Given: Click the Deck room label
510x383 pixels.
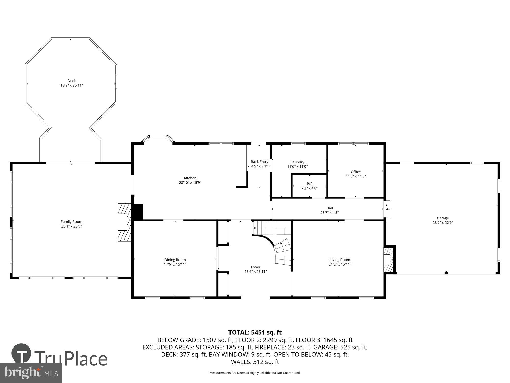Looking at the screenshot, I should coord(72,81).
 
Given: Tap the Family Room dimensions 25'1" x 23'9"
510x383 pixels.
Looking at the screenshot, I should coord(71,226).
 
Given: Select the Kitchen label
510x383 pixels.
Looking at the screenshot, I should coord(190,178).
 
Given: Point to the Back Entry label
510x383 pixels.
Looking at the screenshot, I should coord(259,162).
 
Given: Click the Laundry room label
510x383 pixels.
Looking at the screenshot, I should coord(297,162).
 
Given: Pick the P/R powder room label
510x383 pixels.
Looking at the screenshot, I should coord(309,184).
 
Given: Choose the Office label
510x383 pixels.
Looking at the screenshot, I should coord(355,172).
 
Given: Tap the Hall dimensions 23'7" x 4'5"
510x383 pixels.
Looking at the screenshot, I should coord(329,213).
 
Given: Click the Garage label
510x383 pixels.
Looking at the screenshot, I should coord(442,218).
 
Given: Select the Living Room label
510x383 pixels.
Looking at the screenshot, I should coord(340,260).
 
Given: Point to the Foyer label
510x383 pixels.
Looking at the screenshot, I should coord(256,267).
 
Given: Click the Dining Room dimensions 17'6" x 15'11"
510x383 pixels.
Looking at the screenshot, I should coord(175,264).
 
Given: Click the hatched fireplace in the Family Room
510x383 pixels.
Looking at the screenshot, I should coord(124,222).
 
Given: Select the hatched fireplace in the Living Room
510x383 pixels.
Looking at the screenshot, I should coord(388,259).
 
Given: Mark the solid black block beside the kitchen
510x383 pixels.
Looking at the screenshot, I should coord(138,212).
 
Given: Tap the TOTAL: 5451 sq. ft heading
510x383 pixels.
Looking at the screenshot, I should coord(255,332).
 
